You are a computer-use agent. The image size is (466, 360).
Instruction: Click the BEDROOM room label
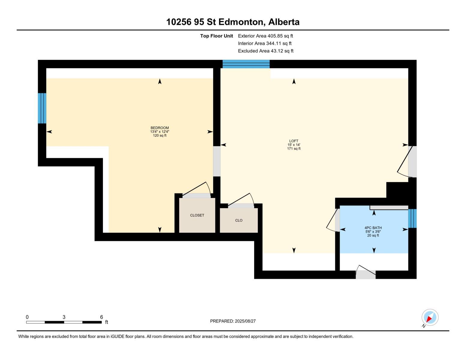(x=160, y=128)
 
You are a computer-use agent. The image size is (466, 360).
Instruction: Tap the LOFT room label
(x=294, y=141)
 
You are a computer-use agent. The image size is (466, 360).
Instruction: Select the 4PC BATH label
(x=373, y=228)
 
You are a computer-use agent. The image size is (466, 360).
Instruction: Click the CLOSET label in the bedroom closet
(x=197, y=215)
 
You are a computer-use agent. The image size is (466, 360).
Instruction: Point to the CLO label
(x=239, y=220)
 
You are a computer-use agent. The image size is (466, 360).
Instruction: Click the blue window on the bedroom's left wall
(x=42, y=108)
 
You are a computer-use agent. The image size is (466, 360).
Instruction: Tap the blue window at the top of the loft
(x=246, y=64)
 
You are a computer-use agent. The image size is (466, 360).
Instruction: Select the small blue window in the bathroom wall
(x=412, y=218)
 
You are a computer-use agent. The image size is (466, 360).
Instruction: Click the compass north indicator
(x=430, y=318)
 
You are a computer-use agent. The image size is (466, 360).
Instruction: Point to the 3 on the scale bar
(x=64, y=317)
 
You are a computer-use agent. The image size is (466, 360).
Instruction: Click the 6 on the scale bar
(x=101, y=317)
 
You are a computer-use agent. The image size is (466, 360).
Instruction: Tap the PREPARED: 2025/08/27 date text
(x=233, y=321)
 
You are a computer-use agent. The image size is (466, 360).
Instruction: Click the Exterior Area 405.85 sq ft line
(x=265, y=36)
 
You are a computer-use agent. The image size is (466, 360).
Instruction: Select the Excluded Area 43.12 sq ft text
(x=266, y=51)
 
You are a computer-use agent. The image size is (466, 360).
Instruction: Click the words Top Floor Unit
(x=216, y=36)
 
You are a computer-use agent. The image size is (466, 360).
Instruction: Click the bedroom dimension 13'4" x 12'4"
(x=160, y=132)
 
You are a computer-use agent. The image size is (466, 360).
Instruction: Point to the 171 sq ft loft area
(x=294, y=149)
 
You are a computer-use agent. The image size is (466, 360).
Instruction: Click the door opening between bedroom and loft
(x=217, y=161)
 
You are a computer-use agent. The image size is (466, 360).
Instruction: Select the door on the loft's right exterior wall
(x=412, y=161)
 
